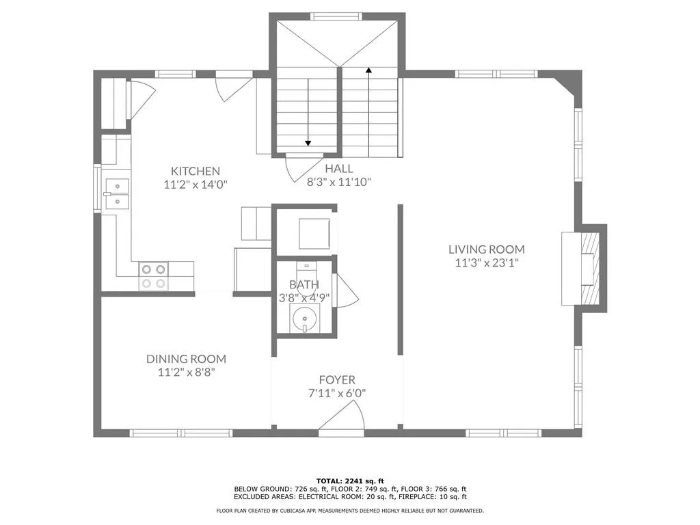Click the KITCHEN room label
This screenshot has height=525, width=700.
pyautogui.click(x=195, y=171)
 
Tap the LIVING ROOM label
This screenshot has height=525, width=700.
pyautogui.click(x=486, y=250)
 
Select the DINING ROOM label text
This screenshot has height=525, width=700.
pyautogui.click(x=186, y=359)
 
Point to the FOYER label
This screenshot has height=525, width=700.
pyautogui.click(x=337, y=380)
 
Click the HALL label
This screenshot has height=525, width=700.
pyautogui.click(x=338, y=169)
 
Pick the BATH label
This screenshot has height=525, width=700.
pyautogui.click(x=304, y=284)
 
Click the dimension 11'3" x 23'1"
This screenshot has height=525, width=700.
pyautogui.click(x=486, y=262)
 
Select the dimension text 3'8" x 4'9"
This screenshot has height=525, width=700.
pyautogui.click(x=304, y=297)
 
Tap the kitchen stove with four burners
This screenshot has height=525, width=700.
pyautogui.click(x=154, y=275)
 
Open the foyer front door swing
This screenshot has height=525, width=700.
pyautogui.click(x=345, y=418)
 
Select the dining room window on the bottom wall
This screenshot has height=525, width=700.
pyautogui.click(x=181, y=433)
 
